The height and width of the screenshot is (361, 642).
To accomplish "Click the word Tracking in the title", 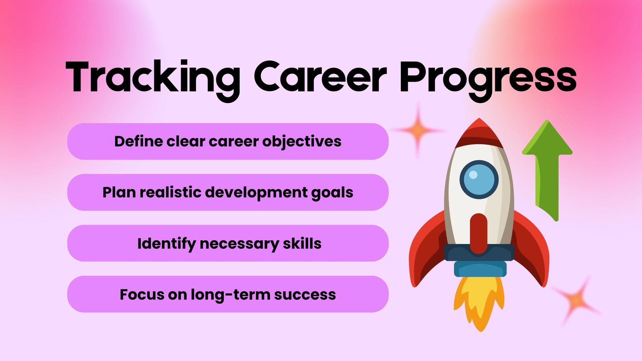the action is (153, 81).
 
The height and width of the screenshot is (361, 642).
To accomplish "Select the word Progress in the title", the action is (488, 81).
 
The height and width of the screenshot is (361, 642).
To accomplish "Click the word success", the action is (305, 295).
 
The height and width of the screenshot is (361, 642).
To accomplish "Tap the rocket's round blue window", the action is (479, 180).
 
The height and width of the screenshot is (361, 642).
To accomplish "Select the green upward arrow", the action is (547, 169).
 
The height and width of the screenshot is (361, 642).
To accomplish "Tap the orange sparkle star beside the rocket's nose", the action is (418, 130).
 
